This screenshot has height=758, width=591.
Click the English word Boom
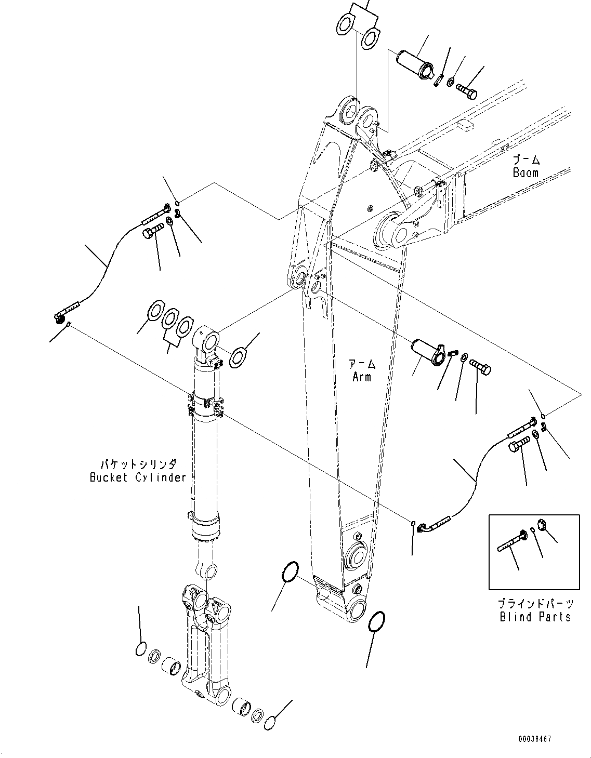click(x=526, y=172)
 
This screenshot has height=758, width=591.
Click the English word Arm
click(x=362, y=377)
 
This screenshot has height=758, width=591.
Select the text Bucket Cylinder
click(x=138, y=477)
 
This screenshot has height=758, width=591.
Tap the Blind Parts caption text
click(x=535, y=617)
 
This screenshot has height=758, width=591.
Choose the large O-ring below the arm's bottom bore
click(x=376, y=621)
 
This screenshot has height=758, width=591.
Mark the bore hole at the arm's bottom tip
click(x=358, y=609)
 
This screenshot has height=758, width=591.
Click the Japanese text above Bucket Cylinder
click(x=138, y=464)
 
